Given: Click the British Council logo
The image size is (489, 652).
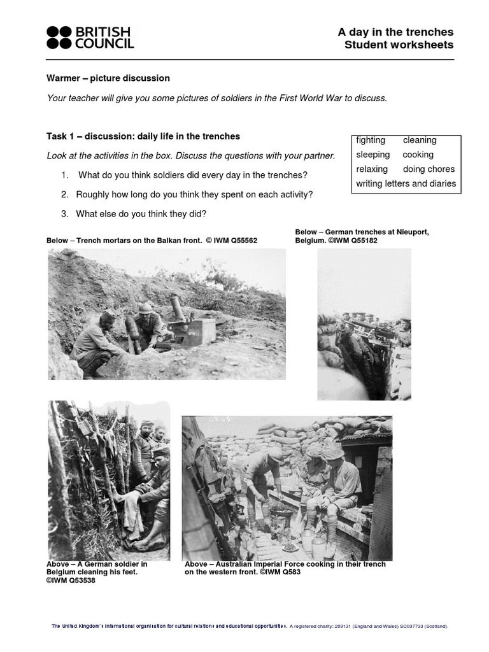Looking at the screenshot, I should [x=90, y=38].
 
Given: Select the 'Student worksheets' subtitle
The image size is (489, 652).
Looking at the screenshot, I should [x=399, y=45].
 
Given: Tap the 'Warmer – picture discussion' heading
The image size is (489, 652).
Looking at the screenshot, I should [x=108, y=78].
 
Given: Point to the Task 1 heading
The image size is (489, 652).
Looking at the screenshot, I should [x=143, y=136].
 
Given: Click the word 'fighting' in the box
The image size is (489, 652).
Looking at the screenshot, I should [x=371, y=140].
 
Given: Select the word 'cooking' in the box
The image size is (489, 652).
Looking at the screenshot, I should [x=418, y=155].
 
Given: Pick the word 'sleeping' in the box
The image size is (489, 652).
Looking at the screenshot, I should [x=372, y=155].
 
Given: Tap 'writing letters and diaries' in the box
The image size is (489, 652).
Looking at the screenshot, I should [x=406, y=183].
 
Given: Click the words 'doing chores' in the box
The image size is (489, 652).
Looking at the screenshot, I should [x=429, y=169].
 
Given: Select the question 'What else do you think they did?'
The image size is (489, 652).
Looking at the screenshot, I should [x=141, y=214].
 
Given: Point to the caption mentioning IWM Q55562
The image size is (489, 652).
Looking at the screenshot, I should [x=152, y=241].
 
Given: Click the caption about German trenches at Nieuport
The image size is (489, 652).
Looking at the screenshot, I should [x=362, y=236].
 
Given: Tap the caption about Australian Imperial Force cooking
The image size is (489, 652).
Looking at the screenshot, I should [x=285, y=568].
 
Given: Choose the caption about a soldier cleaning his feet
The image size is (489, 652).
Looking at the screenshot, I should [x=97, y=572].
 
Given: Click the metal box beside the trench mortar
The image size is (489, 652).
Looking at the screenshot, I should [x=200, y=331].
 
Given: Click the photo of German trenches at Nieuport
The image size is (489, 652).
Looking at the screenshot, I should [x=364, y=325].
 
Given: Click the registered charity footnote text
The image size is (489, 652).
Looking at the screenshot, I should [x=369, y=626].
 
